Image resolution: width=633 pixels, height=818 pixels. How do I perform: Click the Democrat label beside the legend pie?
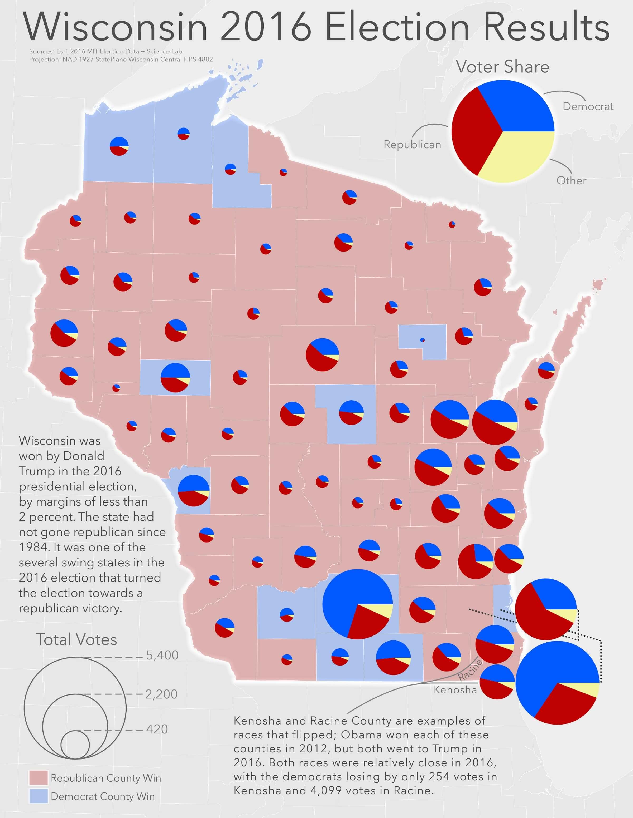click(588, 106)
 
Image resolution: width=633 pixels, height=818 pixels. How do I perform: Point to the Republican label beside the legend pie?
click(412, 145)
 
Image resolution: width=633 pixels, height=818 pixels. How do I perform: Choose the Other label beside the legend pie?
click(571, 180)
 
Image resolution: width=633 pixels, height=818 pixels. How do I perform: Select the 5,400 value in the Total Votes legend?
click(162, 655)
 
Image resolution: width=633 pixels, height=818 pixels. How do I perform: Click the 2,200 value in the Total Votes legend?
click(161, 694)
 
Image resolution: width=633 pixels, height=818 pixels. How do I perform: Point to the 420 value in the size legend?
click(157, 729)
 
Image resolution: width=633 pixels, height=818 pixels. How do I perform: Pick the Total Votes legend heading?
click(76, 639)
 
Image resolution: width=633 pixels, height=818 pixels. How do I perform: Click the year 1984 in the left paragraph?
click(33, 547)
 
